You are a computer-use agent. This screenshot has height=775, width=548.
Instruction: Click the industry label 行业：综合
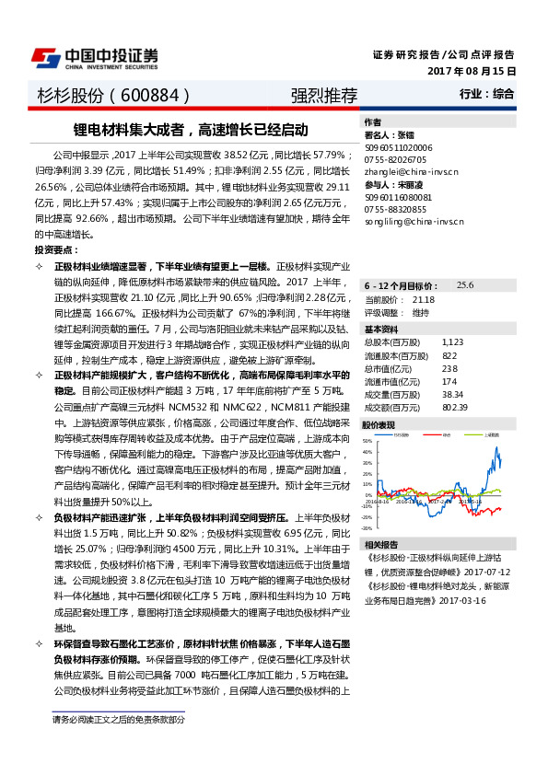point(487,94)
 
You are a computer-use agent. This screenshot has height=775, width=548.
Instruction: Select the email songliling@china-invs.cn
point(414,222)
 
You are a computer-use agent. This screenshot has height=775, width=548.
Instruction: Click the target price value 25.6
point(465,286)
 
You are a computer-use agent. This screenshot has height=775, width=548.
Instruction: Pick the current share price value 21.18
point(424,300)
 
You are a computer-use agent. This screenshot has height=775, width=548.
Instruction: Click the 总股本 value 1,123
point(452,341)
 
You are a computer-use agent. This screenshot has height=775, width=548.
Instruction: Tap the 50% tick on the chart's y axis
point(367,440)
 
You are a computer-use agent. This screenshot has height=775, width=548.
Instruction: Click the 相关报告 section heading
point(381,544)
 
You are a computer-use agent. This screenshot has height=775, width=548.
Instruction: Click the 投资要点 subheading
point(55,250)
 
